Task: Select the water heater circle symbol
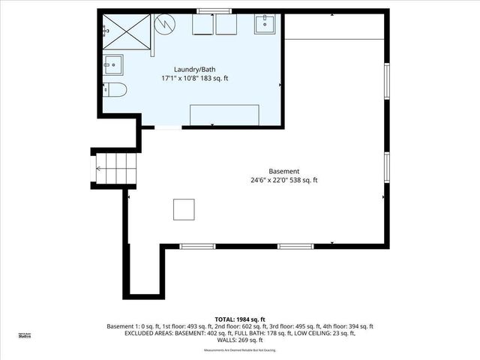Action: (x=164, y=26)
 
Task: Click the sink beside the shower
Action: (x=113, y=64)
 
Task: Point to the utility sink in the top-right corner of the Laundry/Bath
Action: (x=266, y=25)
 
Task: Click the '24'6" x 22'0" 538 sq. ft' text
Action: (x=284, y=180)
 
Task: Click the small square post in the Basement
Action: (x=184, y=208)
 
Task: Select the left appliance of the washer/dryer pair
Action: (x=203, y=25)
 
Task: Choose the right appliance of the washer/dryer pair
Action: (x=226, y=25)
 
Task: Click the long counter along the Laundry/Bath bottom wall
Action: (x=224, y=115)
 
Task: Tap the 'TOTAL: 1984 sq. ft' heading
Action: (x=239, y=319)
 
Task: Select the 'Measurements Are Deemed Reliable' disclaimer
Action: (x=239, y=350)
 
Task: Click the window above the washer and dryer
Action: (x=214, y=11)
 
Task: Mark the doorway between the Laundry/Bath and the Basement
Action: (x=168, y=128)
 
